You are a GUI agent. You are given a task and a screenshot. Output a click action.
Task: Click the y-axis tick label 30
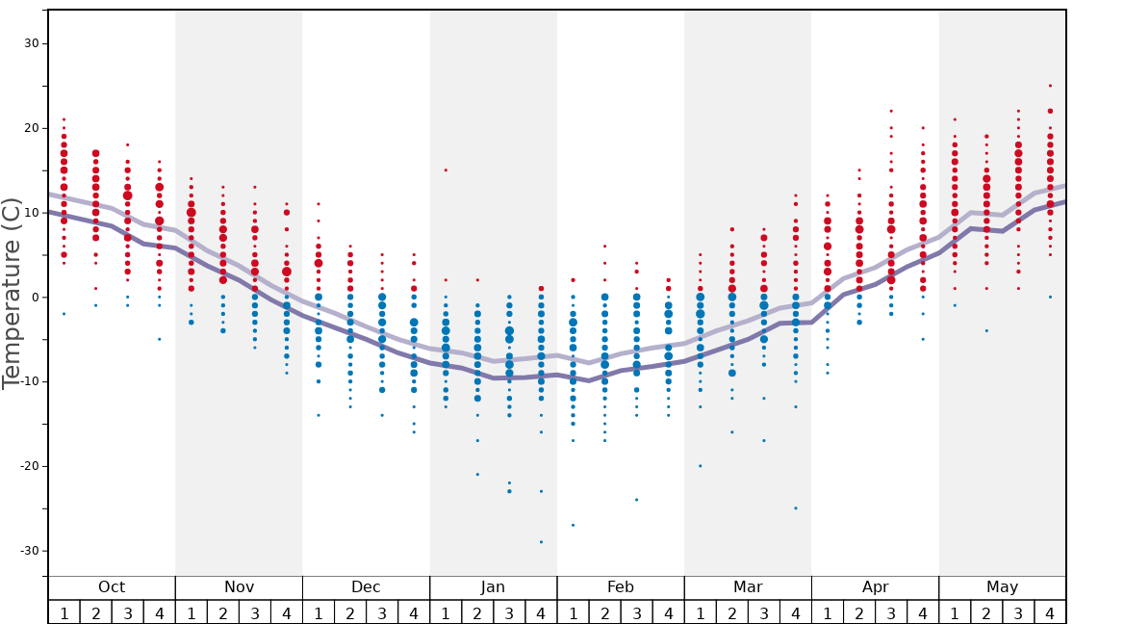(x=31, y=43)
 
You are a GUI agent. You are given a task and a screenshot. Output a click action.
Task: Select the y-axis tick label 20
(x=31, y=128)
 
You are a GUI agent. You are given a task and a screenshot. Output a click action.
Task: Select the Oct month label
(x=112, y=587)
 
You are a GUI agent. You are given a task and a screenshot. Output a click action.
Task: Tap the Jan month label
(x=493, y=587)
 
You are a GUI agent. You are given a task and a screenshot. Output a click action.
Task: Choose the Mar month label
(x=748, y=587)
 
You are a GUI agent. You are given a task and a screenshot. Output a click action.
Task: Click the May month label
(x=1002, y=587)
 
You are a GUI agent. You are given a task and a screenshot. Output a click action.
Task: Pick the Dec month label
(x=366, y=587)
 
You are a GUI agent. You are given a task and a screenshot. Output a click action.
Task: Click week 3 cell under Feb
(x=636, y=612)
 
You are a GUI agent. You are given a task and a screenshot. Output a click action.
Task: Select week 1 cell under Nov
(x=192, y=612)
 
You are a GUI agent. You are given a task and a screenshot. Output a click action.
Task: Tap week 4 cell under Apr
(x=923, y=612)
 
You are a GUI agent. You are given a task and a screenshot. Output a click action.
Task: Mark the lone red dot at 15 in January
(x=446, y=170)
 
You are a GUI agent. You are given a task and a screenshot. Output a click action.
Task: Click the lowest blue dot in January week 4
(x=541, y=542)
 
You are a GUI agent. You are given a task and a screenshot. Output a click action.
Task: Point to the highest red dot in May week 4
(x=1050, y=86)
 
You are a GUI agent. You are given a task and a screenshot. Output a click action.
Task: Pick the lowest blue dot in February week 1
(x=573, y=525)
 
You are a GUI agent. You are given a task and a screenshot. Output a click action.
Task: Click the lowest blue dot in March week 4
(x=796, y=508)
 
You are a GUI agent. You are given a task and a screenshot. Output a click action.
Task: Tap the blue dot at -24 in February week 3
(x=636, y=500)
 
